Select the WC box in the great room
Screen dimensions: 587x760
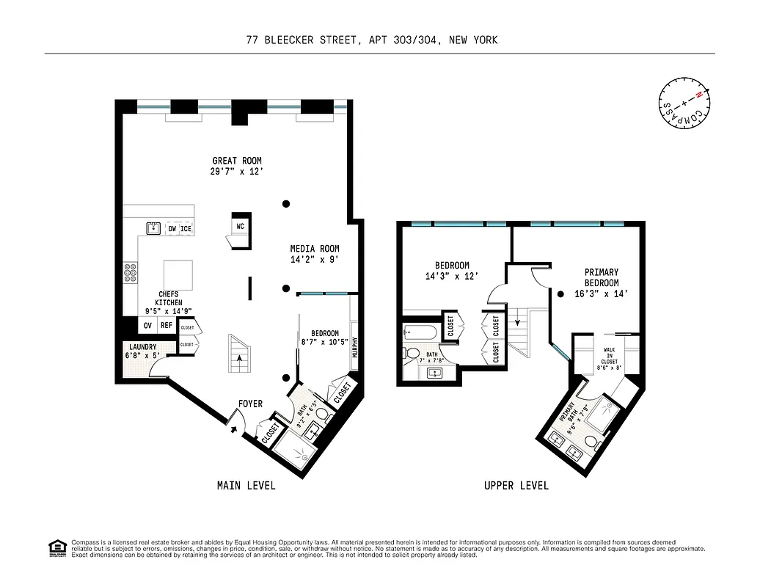(x=240, y=226)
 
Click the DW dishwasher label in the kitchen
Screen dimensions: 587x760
(x=172, y=229)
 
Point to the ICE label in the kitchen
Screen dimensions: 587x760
(x=186, y=229)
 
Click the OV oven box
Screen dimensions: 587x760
(x=147, y=325)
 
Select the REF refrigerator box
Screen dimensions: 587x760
(x=167, y=325)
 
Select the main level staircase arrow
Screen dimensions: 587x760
(x=240, y=358)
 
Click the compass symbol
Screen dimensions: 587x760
(x=683, y=103)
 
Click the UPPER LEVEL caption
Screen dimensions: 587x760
(x=516, y=486)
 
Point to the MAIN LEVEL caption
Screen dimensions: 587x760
(x=246, y=486)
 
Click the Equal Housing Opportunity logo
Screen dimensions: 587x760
(x=56, y=547)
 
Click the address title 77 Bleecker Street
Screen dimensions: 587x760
(x=372, y=40)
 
